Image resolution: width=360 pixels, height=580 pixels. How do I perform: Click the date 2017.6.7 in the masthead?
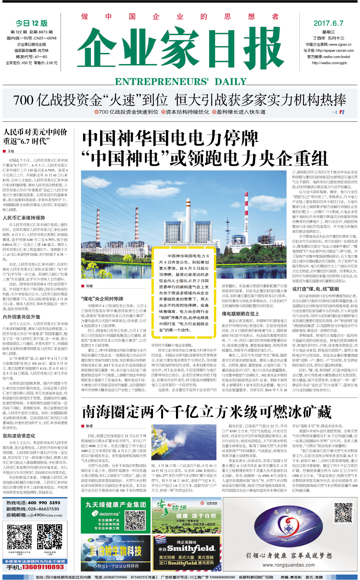click(x=328, y=23)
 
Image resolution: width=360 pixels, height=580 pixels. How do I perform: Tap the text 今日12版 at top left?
click(x=31, y=23)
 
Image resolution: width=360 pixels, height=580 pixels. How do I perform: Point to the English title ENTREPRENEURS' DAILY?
click(x=180, y=82)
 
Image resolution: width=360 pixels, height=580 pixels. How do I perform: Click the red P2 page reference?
click(x=341, y=112)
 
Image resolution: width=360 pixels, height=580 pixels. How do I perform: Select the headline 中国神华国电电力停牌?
click(x=170, y=138)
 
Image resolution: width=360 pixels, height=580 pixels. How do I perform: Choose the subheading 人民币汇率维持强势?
click(x=24, y=218)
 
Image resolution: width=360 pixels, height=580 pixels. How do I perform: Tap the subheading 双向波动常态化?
click(x=19, y=436)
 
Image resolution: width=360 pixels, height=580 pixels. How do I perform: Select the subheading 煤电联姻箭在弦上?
click(x=240, y=313)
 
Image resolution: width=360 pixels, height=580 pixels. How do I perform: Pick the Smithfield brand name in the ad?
click(x=191, y=549)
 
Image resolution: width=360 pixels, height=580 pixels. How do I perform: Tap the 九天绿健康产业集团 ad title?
click(x=115, y=505)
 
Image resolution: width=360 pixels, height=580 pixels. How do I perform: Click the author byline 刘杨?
click(x=89, y=286)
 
